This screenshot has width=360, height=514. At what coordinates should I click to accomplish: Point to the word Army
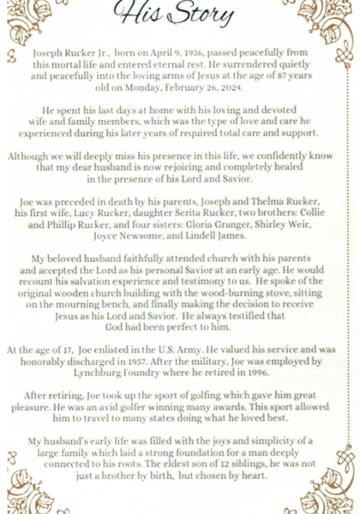(183, 350)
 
